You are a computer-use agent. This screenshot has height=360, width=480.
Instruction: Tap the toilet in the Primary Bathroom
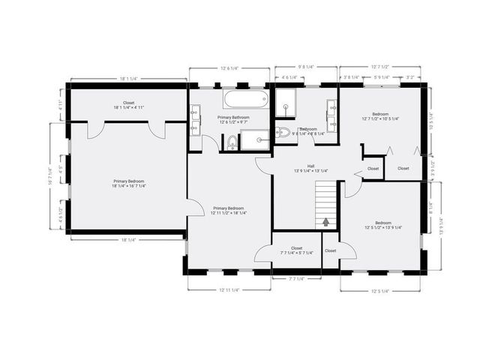232,141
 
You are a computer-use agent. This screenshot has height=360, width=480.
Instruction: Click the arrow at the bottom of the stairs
326,221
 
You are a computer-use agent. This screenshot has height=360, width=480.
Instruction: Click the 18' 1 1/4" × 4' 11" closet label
129,105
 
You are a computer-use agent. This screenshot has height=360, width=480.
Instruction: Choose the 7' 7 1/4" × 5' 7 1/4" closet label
296,250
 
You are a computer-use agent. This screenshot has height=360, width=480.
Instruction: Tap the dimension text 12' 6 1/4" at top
228,68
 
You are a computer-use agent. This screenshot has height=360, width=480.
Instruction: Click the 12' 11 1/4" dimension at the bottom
229,289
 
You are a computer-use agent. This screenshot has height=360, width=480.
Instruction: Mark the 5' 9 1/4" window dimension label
381,77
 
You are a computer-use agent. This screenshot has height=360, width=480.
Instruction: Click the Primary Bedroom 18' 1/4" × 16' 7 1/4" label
129,183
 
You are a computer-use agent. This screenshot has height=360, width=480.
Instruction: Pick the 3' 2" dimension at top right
410,77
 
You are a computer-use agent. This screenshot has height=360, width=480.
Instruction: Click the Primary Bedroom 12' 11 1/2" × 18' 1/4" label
228,210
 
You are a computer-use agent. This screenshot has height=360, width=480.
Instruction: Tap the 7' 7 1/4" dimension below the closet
297,278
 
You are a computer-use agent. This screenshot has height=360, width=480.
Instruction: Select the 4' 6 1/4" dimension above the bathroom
288,77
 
